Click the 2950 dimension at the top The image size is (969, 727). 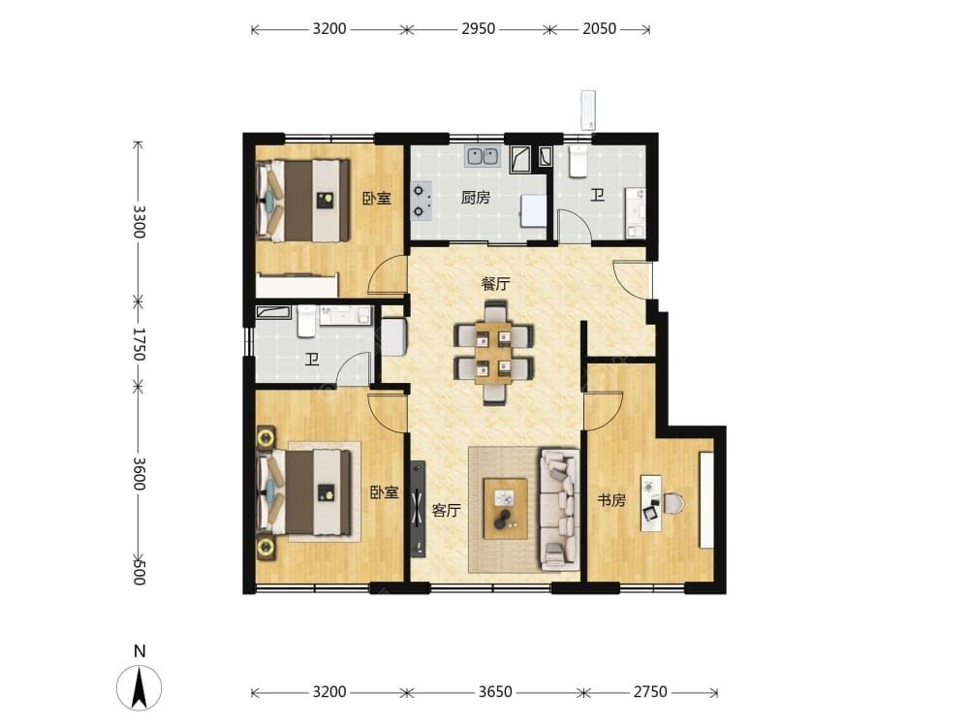pos(478,28)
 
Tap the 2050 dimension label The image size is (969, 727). pos(599,28)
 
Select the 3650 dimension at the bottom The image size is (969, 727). pos(495,691)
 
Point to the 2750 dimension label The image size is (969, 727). pos(650,691)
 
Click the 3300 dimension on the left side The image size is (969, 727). pos(139,222)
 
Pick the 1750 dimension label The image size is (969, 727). pos(139,344)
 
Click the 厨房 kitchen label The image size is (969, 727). pos(475,197)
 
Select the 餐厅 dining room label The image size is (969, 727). pos(495,284)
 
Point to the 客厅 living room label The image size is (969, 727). pos(446,510)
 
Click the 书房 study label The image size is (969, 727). pos(610,500)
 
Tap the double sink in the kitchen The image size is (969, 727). pos(483,155)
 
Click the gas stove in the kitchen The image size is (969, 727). pos(421,202)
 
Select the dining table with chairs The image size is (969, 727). pos(493,353)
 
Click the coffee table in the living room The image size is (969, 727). pos(506,508)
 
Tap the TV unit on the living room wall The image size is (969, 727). pos(419,509)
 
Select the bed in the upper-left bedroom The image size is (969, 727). pos(302,201)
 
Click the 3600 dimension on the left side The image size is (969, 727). pos(139,474)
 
